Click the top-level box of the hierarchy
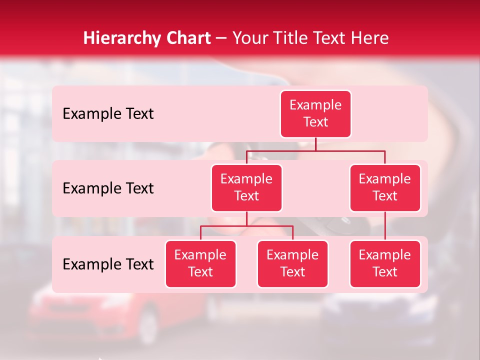click(315, 113)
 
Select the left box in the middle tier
click(246, 187)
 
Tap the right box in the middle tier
click(385, 187)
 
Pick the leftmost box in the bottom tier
click(200, 263)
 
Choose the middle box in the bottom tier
click(292, 263)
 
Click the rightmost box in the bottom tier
click(385, 263)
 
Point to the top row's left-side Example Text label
click(108, 114)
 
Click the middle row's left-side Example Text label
click(108, 188)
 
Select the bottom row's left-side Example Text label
click(108, 264)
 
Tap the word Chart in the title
click(186, 38)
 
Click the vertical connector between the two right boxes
click(385, 226)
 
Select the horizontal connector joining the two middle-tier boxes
click(315, 150)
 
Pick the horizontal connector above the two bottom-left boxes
click(246, 226)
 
